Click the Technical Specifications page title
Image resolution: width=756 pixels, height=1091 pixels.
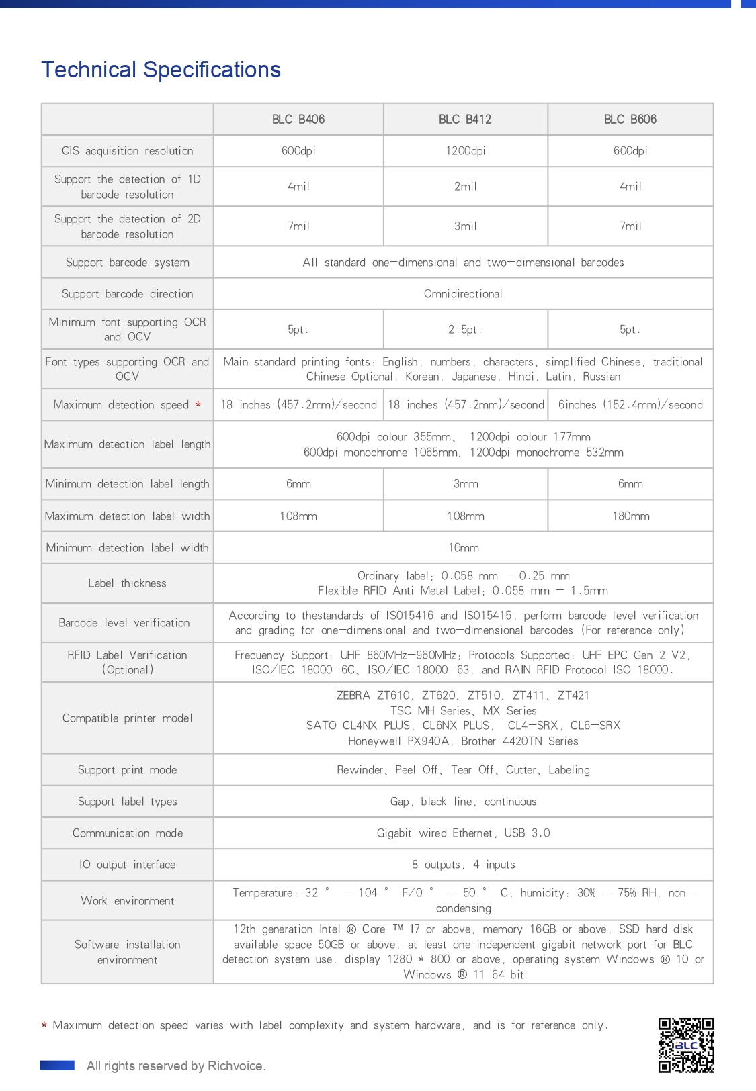(161, 70)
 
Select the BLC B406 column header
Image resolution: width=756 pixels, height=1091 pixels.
(298, 120)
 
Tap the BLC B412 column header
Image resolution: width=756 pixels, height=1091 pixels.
(465, 120)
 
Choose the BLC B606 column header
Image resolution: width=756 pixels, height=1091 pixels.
(630, 120)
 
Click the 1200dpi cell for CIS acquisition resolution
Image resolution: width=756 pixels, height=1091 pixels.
(465, 151)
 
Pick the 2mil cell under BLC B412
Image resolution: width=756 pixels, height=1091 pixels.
(465, 187)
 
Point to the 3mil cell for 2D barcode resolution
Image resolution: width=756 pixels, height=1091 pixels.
(465, 226)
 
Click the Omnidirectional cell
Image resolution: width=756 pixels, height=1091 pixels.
(463, 294)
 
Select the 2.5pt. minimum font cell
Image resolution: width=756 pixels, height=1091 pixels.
(465, 330)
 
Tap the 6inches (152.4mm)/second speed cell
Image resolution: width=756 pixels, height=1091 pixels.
(630, 405)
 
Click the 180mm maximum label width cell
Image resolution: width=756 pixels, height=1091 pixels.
(630, 516)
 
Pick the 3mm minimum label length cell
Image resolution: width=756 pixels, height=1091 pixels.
(465, 484)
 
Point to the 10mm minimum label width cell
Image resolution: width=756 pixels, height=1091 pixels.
(463, 548)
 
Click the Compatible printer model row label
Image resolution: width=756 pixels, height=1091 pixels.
(127, 718)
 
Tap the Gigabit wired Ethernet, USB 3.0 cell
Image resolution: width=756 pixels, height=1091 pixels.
(463, 833)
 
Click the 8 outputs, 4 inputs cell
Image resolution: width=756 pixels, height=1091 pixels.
(463, 865)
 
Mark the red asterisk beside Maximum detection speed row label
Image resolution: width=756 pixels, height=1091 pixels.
(198, 405)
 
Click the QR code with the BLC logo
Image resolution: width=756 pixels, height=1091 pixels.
(685, 1045)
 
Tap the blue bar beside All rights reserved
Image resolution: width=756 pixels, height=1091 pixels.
(57, 1065)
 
